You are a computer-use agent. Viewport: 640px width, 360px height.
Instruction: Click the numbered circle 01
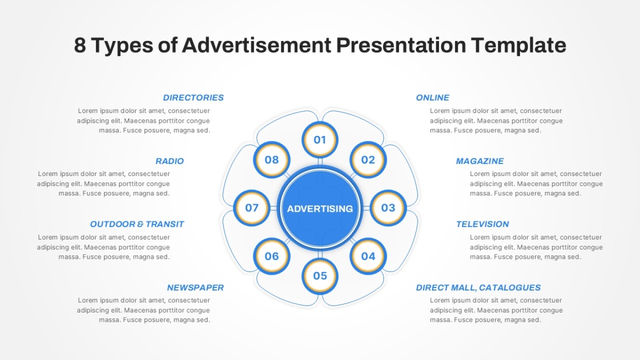[320, 140]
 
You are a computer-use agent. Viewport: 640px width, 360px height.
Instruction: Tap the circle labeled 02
[368, 159]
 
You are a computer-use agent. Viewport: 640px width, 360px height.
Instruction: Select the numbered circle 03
[388, 207]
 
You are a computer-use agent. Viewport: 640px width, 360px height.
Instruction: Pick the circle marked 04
[368, 256]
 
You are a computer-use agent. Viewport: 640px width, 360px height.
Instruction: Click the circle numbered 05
[320, 276]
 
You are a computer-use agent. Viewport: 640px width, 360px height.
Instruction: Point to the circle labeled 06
[271, 256]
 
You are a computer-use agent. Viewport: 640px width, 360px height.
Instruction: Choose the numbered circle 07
[252, 207]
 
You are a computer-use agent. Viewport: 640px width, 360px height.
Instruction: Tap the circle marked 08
[271, 159]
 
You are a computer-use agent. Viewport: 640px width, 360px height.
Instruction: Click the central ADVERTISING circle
[320, 208]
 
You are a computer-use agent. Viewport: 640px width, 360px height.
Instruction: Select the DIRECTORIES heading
[193, 98]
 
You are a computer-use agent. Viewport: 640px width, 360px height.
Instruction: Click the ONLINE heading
[433, 98]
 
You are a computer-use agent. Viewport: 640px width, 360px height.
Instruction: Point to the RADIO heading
[170, 161]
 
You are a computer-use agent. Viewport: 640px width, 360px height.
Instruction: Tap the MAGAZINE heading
[479, 161]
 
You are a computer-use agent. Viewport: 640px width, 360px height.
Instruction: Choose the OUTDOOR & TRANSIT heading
[137, 224]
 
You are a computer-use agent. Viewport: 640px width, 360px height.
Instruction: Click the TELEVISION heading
[483, 224]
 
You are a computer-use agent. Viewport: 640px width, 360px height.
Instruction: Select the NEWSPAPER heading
[195, 287]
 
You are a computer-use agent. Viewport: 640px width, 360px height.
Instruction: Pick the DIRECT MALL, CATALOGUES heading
[478, 287]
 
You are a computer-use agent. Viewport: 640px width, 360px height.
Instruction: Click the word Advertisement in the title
[257, 45]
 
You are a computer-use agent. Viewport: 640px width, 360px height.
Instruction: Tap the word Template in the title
[518, 46]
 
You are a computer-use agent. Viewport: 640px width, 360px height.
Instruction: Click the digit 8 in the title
[80, 45]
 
